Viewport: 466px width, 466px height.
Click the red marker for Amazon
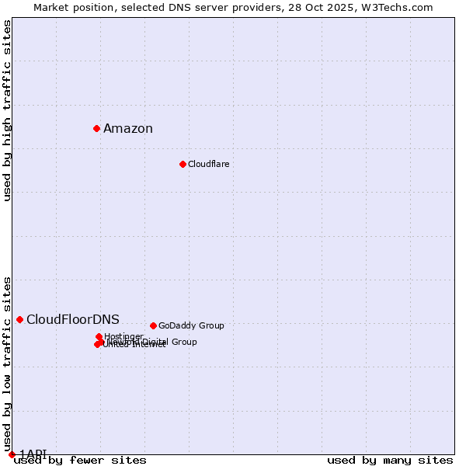pos(96,128)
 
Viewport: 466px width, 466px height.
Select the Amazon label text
pos(128,129)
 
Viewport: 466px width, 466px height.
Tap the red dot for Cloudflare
pos(183,164)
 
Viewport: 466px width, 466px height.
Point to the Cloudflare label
pos(208,165)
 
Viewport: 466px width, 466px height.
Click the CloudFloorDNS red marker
pos(19,319)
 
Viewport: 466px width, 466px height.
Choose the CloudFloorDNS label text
pos(73,320)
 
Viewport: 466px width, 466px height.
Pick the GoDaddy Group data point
pos(153,325)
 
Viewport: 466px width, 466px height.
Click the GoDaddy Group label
pos(191,326)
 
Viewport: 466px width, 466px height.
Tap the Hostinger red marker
pos(99,337)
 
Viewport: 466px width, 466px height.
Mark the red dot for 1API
pos(12,454)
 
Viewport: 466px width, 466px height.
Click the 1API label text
pos(33,454)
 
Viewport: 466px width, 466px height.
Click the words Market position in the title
pos(71,8)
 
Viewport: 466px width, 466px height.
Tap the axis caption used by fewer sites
pos(80,460)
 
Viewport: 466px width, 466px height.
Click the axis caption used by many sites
pos(390,460)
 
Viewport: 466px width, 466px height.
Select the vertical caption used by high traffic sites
pos(8,110)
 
